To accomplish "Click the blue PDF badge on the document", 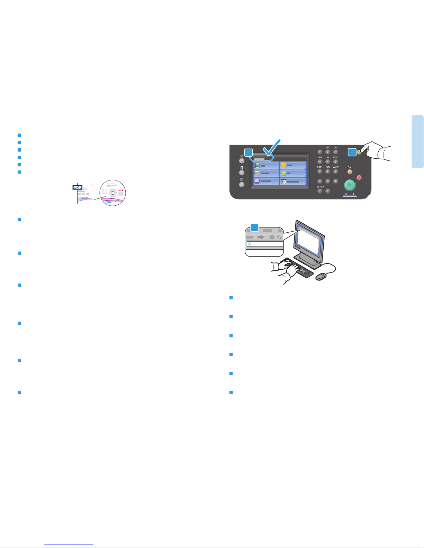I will (78, 188).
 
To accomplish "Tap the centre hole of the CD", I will (112, 193).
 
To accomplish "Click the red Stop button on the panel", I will (359, 177).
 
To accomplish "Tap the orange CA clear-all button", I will (350, 171).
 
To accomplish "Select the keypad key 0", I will (327, 181).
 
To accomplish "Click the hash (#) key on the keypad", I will (335, 181).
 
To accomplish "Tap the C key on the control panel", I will (327, 191).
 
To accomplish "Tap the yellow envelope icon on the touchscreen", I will (283, 165).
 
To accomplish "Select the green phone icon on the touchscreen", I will (283, 173).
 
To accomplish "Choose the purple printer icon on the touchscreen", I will (257, 181).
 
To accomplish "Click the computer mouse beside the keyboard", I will (321, 277).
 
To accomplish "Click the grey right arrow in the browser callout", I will (261, 237).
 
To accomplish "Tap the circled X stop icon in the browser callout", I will (272, 237).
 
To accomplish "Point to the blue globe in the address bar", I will (250, 244).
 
